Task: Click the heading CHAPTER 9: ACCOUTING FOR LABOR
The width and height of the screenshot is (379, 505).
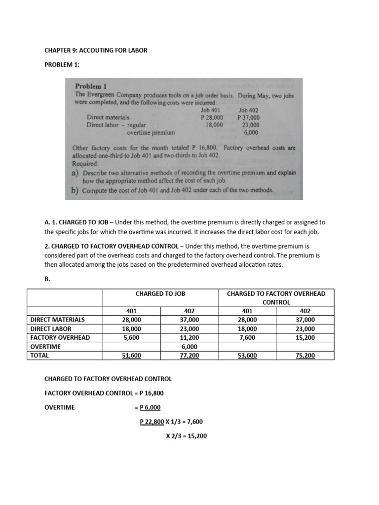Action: pyautogui.click(x=96, y=50)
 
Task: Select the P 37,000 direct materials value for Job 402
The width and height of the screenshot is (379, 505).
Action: pyautogui.click(x=248, y=118)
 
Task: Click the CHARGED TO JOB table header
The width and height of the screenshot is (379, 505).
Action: pyautogui.click(x=160, y=293)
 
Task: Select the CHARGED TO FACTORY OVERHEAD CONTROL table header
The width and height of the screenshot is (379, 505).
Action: pyautogui.click(x=276, y=297)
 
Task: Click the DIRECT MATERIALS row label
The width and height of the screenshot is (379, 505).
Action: pyautogui.click(x=57, y=320)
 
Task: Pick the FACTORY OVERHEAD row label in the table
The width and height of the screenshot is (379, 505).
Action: pyautogui.click(x=60, y=337)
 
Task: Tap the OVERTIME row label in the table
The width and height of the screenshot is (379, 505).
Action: pyautogui.click(x=45, y=346)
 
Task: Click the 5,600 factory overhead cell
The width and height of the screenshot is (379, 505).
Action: pyautogui.click(x=132, y=337)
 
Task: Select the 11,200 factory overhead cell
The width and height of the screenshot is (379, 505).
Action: pyautogui.click(x=189, y=337)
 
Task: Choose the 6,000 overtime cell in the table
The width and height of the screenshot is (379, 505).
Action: pyautogui.click(x=189, y=346)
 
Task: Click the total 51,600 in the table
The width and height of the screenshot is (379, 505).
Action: pyautogui.click(x=132, y=355)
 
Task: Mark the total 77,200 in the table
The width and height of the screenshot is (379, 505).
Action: pyautogui.click(x=189, y=355)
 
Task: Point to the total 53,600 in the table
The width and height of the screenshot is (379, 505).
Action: pyautogui.click(x=247, y=355)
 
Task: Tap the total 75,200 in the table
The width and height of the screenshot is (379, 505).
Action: pyautogui.click(x=305, y=355)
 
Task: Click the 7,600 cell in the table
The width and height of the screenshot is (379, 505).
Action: pyautogui.click(x=247, y=337)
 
